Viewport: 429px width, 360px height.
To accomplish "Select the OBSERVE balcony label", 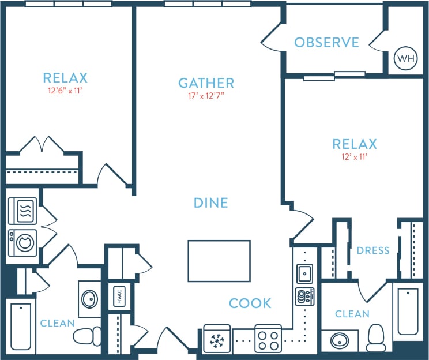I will pos(326,43).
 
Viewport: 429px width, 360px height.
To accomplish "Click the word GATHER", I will pos(206,83).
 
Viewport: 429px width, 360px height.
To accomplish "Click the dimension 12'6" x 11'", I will pos(65,91).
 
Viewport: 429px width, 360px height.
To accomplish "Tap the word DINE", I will pos(210,203).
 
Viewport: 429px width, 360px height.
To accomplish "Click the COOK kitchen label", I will pos(250,303).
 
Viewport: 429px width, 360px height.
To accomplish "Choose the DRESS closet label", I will pos(373,250).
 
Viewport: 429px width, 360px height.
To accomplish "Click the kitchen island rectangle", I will pos(219,261).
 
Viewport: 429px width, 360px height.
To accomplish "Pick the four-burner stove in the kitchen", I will pos(268,339).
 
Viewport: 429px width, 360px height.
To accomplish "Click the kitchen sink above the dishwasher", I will pos(304,272).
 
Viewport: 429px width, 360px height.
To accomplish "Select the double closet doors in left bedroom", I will pos(42,145).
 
